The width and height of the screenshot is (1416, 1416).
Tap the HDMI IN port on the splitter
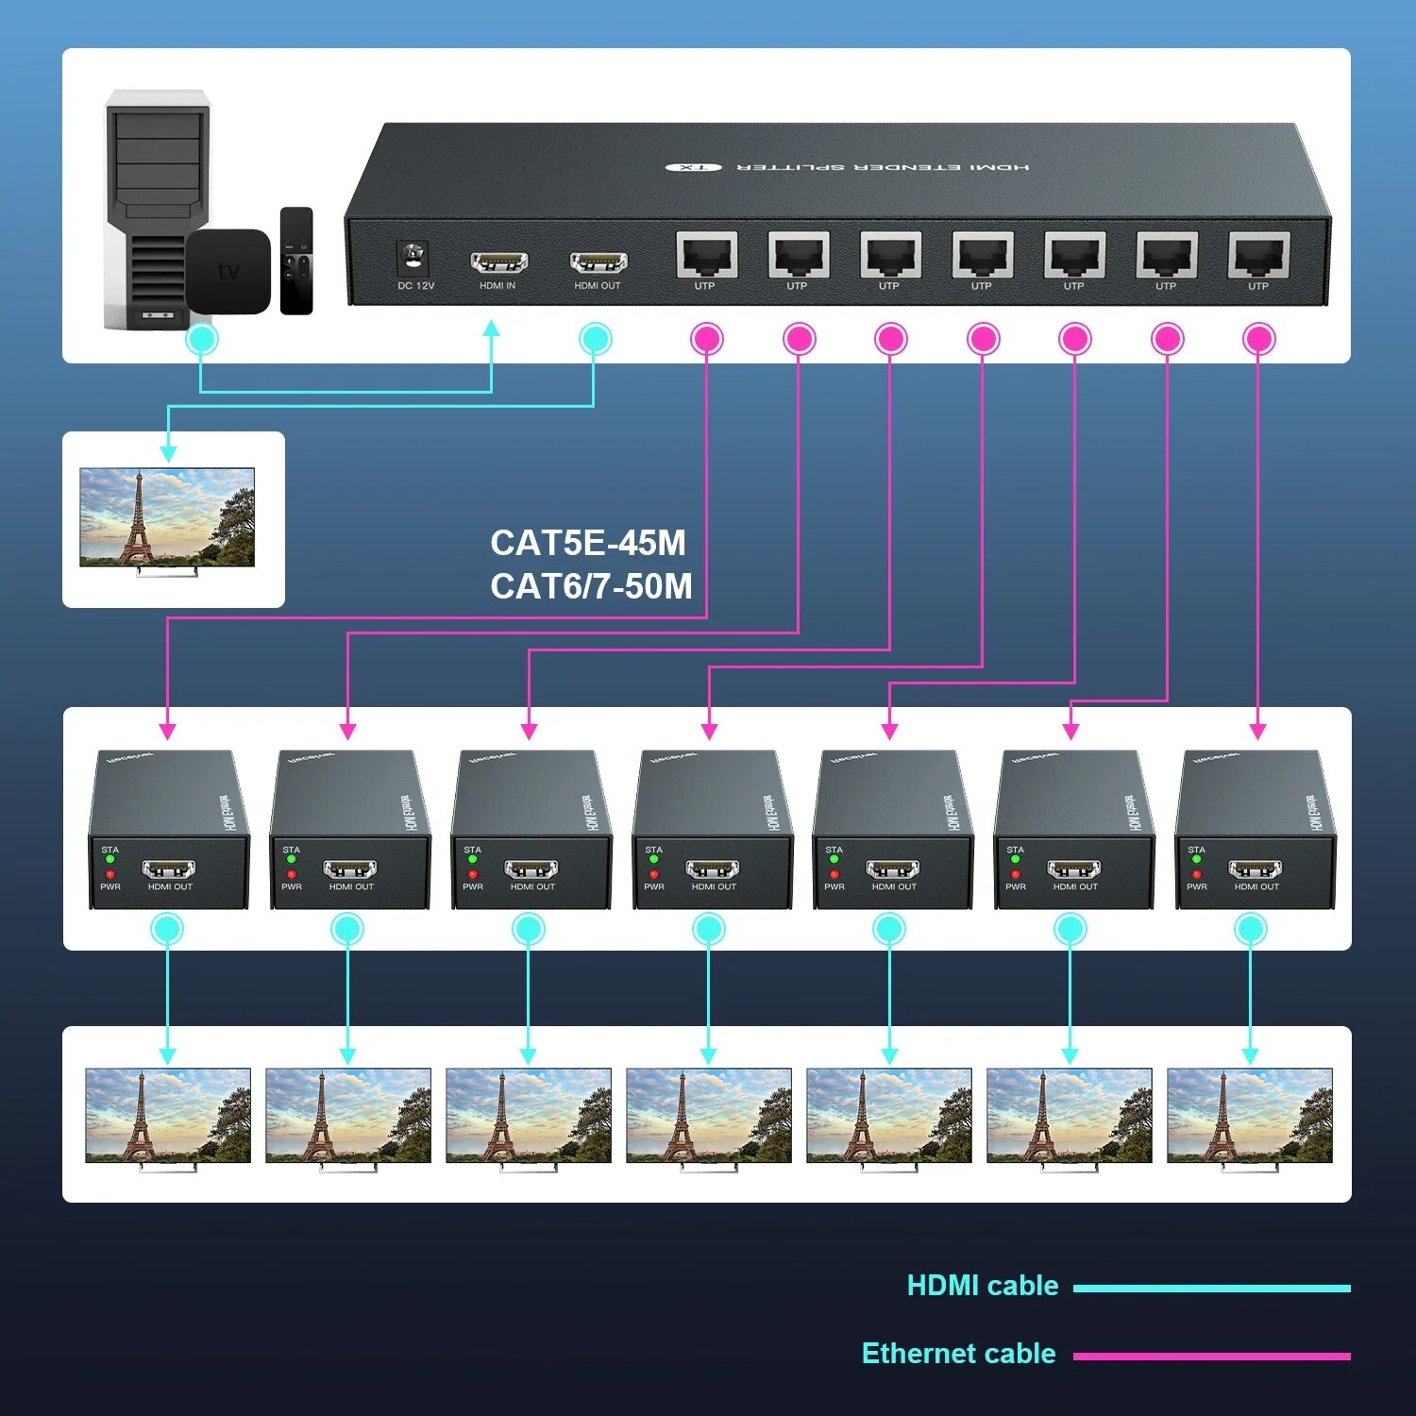(498, 262)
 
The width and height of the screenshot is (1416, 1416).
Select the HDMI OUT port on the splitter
(598, 262)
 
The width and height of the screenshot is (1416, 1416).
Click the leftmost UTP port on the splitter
(705, 255)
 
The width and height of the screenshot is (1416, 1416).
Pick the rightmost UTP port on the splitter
(1258, 255)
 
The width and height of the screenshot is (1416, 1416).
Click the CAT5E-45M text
(588, 543)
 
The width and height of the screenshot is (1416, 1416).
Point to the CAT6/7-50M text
(591, 586)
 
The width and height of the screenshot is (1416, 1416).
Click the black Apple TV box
(228, 271)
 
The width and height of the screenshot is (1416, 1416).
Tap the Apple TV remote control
(296, 261)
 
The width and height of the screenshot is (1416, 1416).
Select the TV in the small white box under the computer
(167, 517)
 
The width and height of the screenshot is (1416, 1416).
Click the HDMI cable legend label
(982, 1286)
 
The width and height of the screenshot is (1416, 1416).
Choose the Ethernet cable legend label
(958, 1354)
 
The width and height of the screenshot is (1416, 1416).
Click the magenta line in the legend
(1211, 1357)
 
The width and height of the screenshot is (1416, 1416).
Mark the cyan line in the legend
(1211, 1289)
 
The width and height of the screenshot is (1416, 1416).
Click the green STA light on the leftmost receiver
(110, 860)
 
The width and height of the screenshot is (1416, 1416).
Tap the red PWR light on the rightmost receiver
(1196, 875)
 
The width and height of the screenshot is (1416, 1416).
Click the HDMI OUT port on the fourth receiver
(713, 869)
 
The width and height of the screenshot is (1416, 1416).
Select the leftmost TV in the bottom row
(168, 1116)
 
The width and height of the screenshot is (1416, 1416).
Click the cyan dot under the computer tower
(202, 339)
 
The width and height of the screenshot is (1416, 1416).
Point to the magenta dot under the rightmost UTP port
(1258, 339)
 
